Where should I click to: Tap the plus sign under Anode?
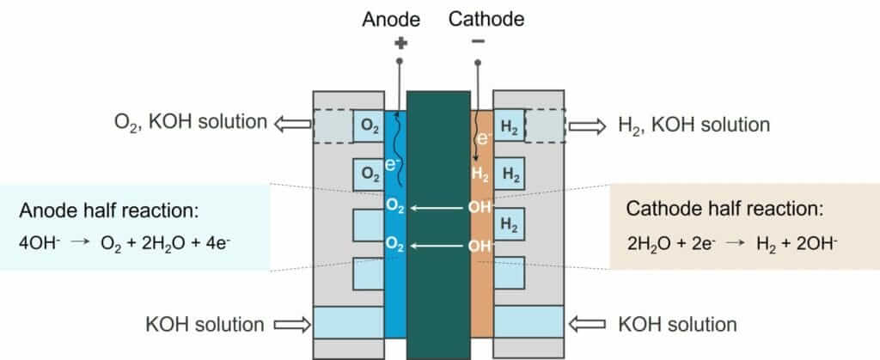pos(398,42)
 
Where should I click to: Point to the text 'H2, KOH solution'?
pos(694,125)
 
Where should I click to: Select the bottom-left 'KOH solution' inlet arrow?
pos(291,325)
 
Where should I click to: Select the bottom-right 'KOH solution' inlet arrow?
pos(588,325)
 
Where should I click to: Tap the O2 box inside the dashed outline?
pos(370,127)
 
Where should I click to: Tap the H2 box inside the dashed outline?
pos(510,127)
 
